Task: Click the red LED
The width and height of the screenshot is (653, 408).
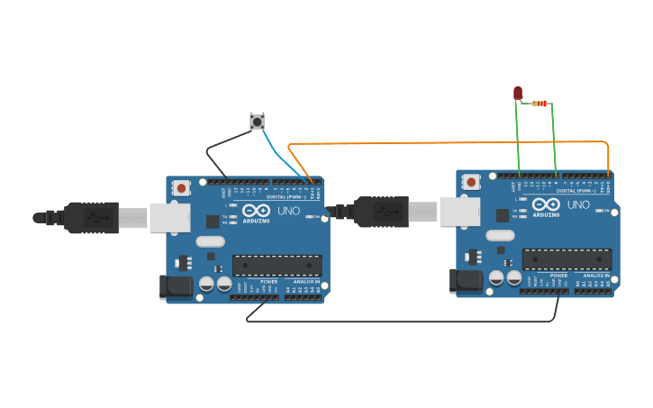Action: [518, 92]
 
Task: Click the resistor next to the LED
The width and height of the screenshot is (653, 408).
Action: [540, 104]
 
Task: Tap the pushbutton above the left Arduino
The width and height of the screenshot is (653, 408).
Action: [257, 121]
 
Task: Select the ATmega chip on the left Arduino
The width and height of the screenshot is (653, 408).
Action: [277, 266]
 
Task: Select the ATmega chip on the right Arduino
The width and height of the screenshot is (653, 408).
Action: [567, 259]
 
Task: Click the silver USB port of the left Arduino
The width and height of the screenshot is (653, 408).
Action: [169, 217]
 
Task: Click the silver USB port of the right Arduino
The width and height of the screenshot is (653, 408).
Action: [459, 212]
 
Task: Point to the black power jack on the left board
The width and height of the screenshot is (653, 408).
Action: [177, 287]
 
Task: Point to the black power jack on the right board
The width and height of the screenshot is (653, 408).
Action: [467, 281]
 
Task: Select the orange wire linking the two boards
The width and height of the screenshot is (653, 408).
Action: [450, 142]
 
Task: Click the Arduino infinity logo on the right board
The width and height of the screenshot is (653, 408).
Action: [545, 204]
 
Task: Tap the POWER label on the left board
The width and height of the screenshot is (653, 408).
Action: [268, 282]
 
